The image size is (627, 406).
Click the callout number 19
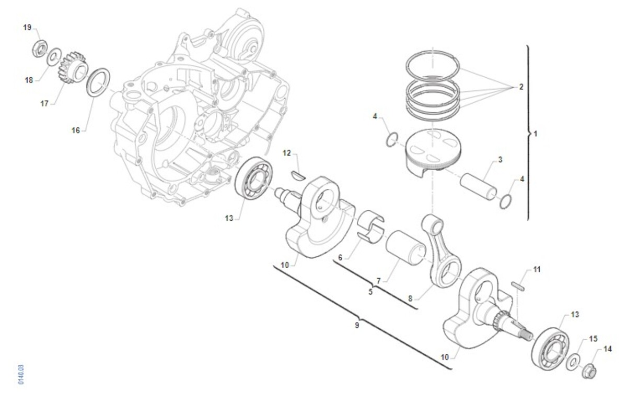(27, 28)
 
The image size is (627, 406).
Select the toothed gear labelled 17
(72, 68)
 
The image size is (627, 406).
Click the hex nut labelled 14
(589, 371)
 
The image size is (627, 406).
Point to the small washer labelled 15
(573, 362)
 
